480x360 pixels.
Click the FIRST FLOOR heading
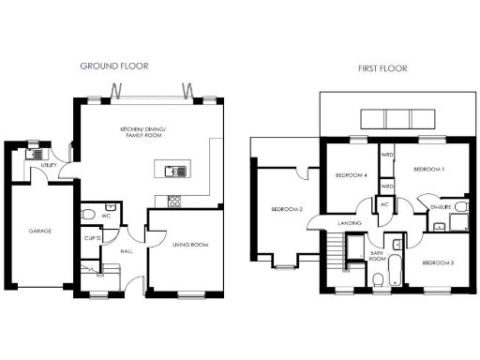click(x=380, y=68)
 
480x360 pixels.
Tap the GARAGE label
click(x=39, y=231)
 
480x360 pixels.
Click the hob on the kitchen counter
click(x=174, y=200)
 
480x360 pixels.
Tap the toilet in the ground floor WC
click(x=88, y=217)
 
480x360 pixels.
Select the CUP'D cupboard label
click(x=92, y=238)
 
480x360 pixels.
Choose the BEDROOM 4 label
click(x=352, y=174)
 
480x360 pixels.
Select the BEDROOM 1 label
click(x=428, y=170)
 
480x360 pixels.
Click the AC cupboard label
click(x=384, y=204)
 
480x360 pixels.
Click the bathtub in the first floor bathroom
click(x=397, y=266)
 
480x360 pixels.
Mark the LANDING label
click(x=351, y=223)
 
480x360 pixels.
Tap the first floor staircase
click(x=334, y=251)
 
